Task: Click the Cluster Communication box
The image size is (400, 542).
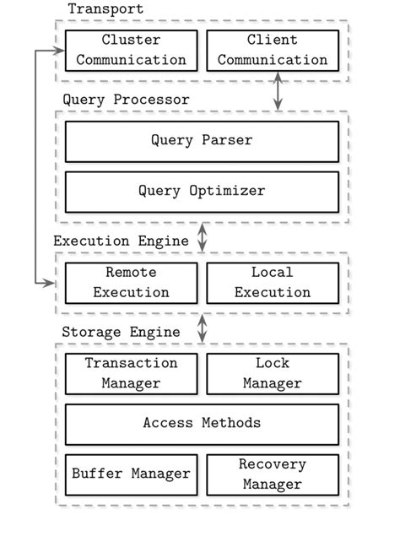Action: [x=132, y=51]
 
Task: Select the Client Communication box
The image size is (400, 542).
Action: [x=273, y=51]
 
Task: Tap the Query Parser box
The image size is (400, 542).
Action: [x=202, y=141]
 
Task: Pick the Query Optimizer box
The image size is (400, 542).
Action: [x=202, y=192]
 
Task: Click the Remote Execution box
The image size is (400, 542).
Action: [x=132, y=283]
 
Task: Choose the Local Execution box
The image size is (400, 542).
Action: [x=273, y=283]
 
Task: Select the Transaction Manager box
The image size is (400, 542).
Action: [x=132, y=373]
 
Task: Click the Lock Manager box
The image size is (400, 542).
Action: [x=273, y=373]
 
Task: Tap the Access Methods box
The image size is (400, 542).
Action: [x=202, y=424]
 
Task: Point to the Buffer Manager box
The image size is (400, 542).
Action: [x=132, y=474]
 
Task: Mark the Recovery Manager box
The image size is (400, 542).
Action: [x=273, y=474]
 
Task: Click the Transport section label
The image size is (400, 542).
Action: [x=105, y=9]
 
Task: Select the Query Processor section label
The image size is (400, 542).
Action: [x=126, y=100]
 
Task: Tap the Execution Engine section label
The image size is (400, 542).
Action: [x=121, y=241]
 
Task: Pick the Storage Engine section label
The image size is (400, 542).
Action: [x=121, y=332]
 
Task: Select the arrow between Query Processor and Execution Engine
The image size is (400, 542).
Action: [x=202, y=237]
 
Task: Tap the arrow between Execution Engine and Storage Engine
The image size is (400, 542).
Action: [x=202, y=328]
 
